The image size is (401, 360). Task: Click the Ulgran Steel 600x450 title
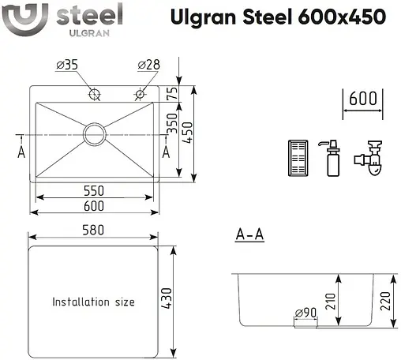(x=279, y=17)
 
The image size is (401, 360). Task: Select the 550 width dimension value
(x=94, y=191)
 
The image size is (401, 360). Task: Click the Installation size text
(x=93, y=302)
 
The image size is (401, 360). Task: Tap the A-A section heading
(x=249, y=235)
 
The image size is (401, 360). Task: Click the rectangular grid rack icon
(x=299, y=159)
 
